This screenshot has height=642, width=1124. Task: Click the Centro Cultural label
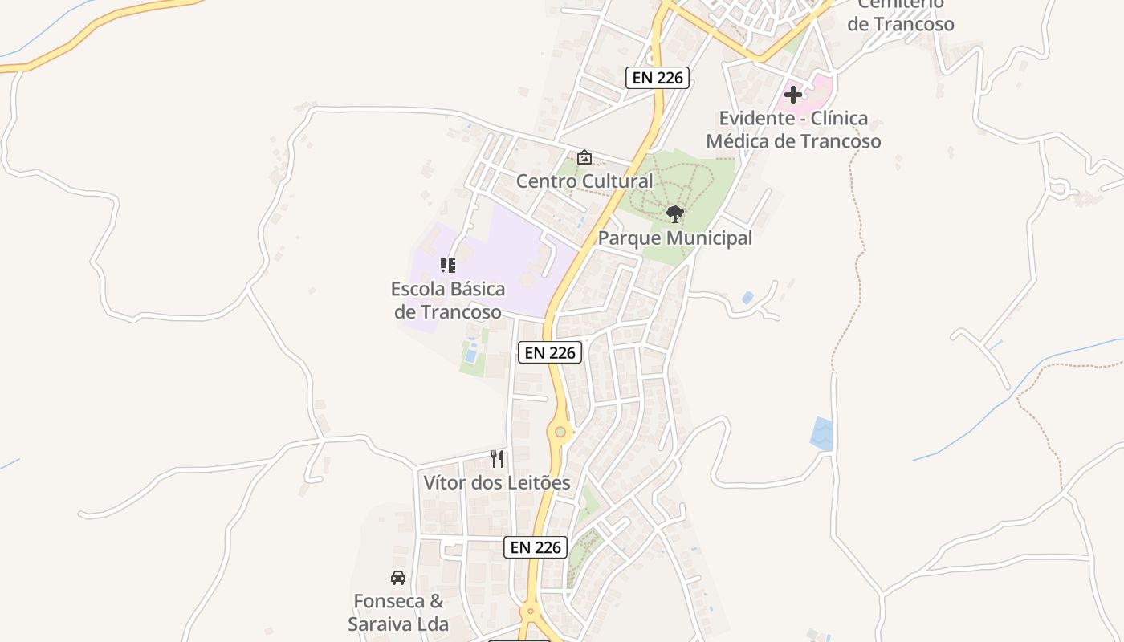click(584, 181)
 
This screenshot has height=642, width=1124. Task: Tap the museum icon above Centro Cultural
click(584, 157)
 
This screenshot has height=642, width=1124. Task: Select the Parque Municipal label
click(674, 238)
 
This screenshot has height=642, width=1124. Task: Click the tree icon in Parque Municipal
click(675, 214)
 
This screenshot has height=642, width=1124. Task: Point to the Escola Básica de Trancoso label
click(448, 300)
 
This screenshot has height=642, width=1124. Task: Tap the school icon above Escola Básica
click(448, 266)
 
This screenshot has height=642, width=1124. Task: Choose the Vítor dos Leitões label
click(497, 482)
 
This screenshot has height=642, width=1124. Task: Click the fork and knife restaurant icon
click(497, 459)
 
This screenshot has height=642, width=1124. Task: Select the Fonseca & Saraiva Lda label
click(398, 612)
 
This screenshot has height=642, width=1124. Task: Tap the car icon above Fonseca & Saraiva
click(398, 578)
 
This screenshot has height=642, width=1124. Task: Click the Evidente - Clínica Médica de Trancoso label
click(793, 130)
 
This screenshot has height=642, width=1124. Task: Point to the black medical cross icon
click(793, 95)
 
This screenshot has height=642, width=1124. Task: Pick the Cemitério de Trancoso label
click(901, 16)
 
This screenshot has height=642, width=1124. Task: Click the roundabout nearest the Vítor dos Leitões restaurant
click(560, 433)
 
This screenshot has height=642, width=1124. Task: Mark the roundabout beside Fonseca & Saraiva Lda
click(530, 612)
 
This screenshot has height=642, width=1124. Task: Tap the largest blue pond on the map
click(821, 433)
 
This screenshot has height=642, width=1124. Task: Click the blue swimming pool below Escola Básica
click(472, 352)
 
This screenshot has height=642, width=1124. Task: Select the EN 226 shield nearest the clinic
click(658, 78)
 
